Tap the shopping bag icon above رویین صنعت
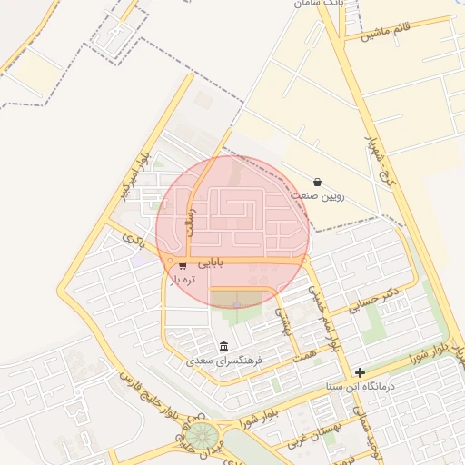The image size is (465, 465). click(316, 182)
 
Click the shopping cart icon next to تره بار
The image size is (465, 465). click(183, 266)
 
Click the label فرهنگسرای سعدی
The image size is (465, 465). click(224, 361)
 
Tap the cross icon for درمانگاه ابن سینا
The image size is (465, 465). click(361, 372)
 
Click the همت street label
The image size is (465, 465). click(305, 351)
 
